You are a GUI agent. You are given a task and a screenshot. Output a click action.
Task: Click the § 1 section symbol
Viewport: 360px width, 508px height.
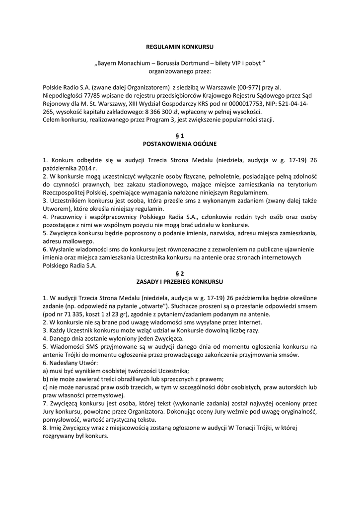(180, 135)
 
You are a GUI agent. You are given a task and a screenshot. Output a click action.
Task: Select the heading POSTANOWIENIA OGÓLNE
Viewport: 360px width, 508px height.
(180, 143)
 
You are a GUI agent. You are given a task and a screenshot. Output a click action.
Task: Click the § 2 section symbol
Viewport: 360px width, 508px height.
(180, 273)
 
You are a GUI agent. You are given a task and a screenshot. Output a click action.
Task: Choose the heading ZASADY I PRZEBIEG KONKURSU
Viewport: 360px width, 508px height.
(180, 281)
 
